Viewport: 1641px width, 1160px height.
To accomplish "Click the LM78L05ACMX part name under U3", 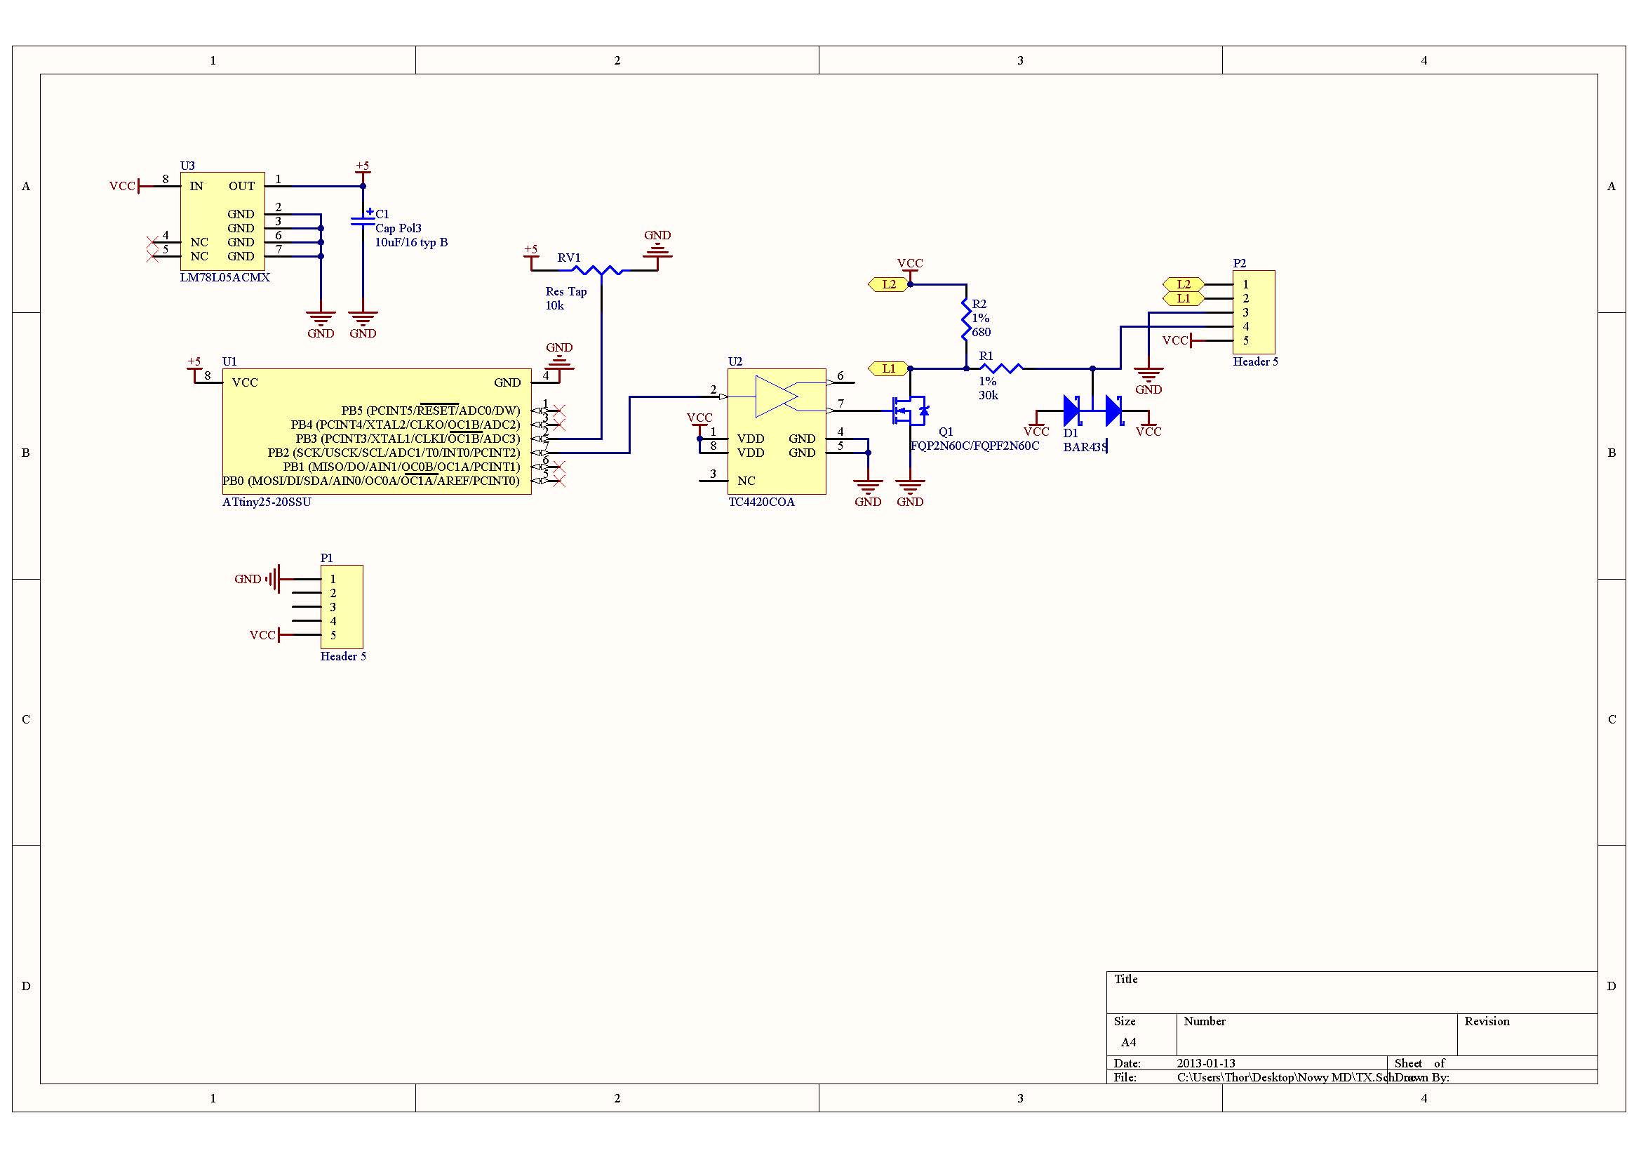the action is pos(225,277).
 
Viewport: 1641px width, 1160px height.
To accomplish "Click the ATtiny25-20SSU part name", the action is pos(267,502).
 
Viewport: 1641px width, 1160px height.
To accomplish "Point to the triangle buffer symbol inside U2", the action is pos(776,396).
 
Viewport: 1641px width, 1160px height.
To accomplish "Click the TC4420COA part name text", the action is pos(761,502).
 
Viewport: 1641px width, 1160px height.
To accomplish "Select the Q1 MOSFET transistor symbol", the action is pos(909,411).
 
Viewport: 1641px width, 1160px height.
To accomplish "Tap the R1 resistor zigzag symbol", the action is pos(1001,368).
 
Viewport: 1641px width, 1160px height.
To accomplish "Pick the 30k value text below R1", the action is pos(989,395).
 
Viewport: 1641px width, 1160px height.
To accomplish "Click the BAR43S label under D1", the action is pos(1085,448).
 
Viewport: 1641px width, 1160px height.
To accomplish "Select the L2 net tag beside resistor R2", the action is pos(888,284).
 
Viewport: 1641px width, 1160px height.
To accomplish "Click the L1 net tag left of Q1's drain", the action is pos(888,369).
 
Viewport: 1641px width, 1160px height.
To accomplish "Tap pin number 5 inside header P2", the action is pos(1246,341).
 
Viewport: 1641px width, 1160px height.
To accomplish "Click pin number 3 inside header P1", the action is pos(333,608).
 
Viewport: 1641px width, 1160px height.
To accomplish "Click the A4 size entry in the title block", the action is pos(1128,1042).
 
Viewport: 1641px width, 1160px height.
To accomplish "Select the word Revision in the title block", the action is pos(1487,1021).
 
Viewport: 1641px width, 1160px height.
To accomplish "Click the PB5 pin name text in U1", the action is pos(351,411).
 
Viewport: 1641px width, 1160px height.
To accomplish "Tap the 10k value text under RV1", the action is pos(555,306).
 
